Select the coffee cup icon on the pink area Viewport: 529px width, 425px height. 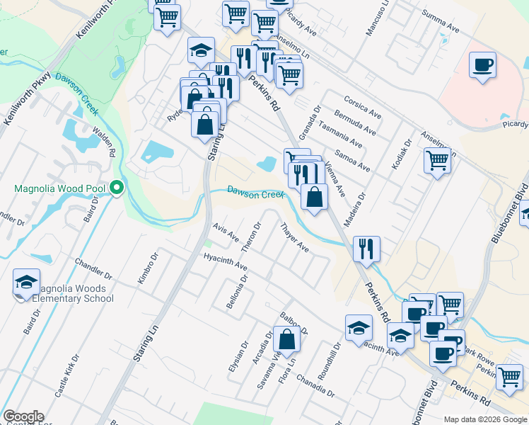click(x=482, y=65)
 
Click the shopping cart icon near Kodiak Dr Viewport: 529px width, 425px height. click(x=438, y=161)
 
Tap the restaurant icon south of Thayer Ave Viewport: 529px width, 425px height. click(x=366, y=248)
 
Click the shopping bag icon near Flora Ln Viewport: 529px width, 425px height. click(x=286, y=340)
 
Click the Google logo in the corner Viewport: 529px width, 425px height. click(x=23, y=416)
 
